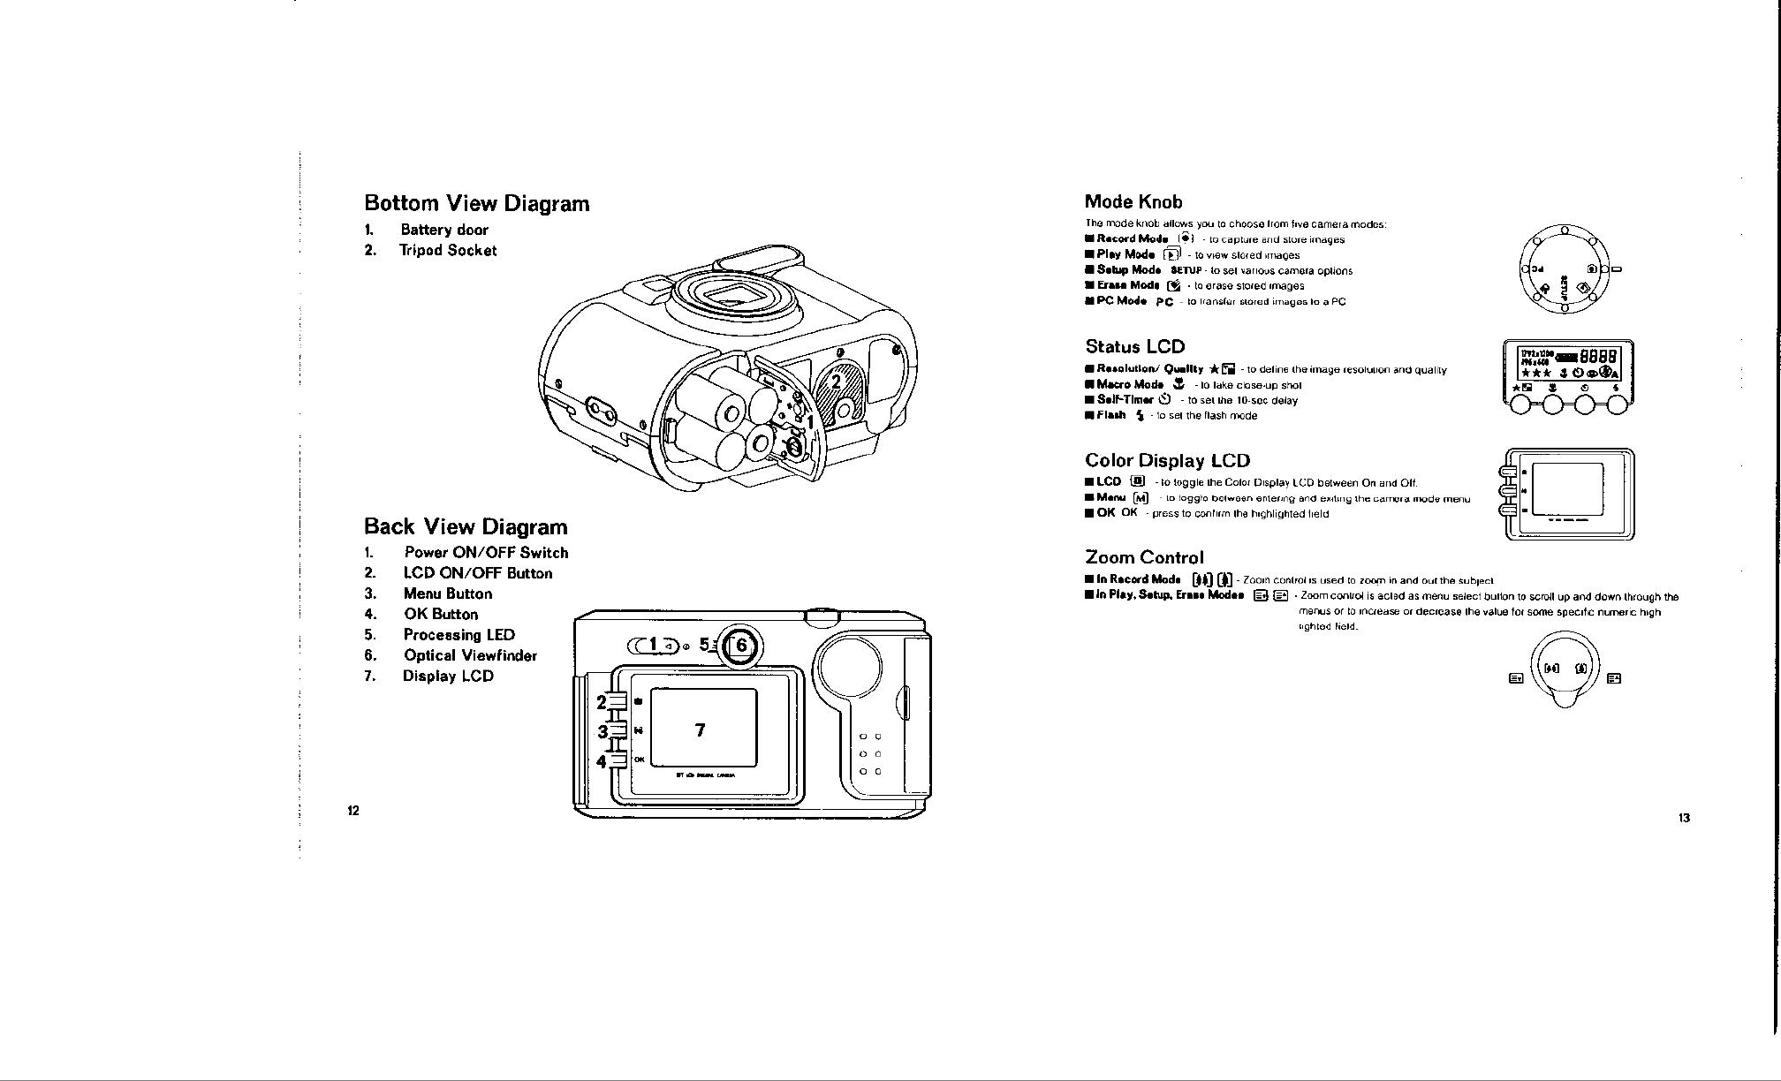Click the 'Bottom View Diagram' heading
pos(476,203)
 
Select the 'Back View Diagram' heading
pos(466,527)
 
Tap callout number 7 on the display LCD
pos(700,730)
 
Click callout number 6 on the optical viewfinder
pos(741,646)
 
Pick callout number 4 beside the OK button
pos(603,760)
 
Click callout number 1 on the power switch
pos(655,646)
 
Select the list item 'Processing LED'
pos(459,635)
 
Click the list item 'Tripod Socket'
pos(448,251)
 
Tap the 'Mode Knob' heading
pos(1133,202)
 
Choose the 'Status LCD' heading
pos(1134,346)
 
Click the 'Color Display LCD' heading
pos(1167,460)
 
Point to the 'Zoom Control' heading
pos(1144,557)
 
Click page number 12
pos(352,811)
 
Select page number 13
pos(1684,818)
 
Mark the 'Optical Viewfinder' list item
pos(470,655)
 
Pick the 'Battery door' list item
pos(443,230)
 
